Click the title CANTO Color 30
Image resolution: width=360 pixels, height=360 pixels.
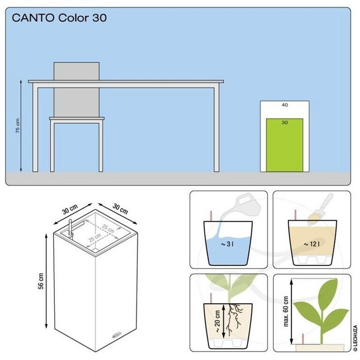tap(59, 18)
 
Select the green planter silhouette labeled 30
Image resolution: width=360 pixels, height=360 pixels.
tap(285, 145)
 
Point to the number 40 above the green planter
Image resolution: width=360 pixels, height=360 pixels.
tap(285, 105)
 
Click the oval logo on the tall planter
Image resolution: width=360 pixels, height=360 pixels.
tap(117, 335)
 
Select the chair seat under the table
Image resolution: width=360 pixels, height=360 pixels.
tap(77, 119)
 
